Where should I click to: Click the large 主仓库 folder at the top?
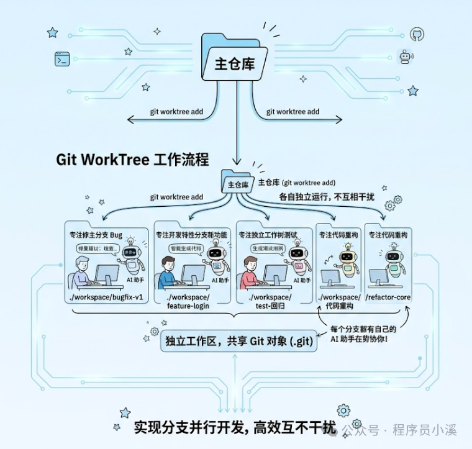pyautogui.click(x=235, y=60)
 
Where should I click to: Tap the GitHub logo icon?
pyautogui.click(x=416, y=34)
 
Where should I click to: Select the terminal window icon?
pyautogui.click(x=61, y=60)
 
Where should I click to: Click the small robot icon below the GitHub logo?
pyautogui.click(x=407, y=58)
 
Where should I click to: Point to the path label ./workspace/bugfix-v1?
pyautogui.click(x=105, y=297)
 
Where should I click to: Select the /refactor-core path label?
pyautogui.click(x=388, y=297)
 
